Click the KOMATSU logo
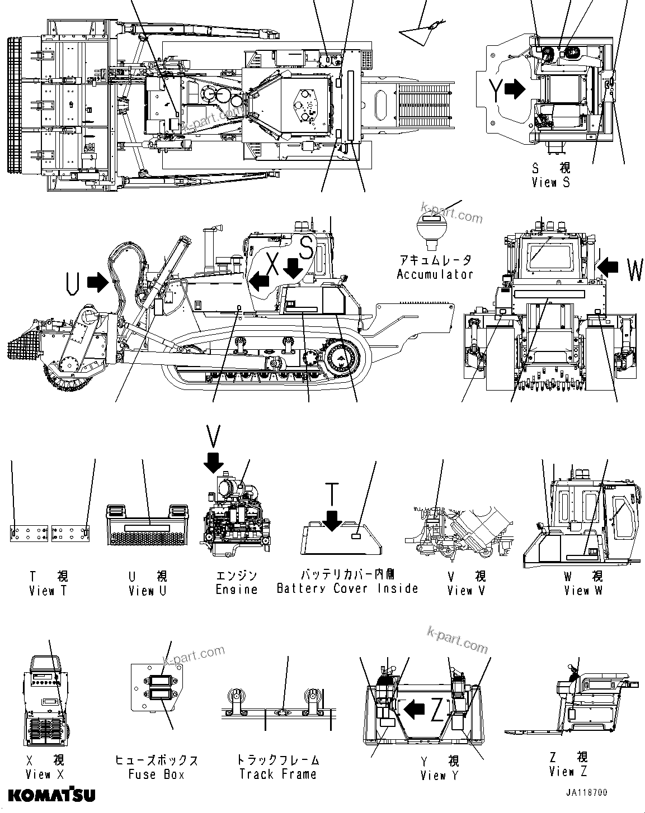(51, 795)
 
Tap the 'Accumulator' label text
(435, 274)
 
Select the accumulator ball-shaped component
(431, 229)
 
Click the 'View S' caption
(550, 182)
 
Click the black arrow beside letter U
(97, 282)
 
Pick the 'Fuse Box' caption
(156, 774)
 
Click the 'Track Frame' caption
(277, 774)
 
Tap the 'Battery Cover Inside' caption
(347, 588)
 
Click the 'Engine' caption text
(236, 589)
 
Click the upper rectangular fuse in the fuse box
(157, 682)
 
